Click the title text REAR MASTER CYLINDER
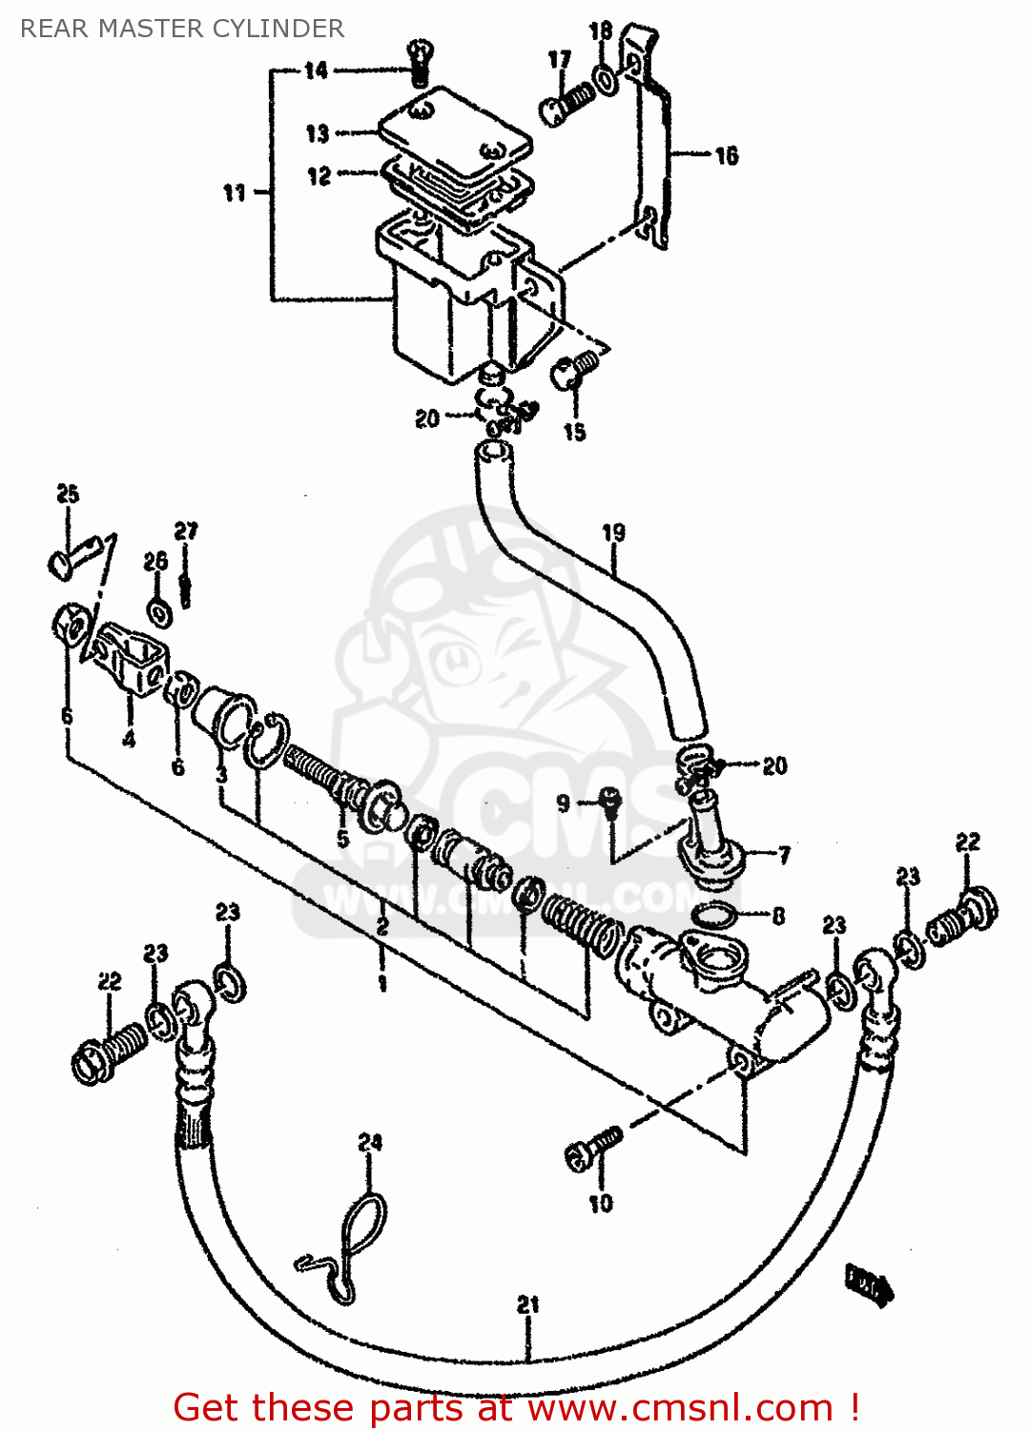(181, 29)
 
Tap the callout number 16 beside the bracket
(726, 155)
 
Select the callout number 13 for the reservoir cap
(317, 133)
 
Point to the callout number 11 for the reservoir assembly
(235, 193)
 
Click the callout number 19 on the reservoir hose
(613, 532)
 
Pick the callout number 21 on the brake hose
(527, 1305)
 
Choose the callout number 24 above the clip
(369, 1142)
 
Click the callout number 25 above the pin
(68, 494)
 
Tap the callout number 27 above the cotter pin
(186, 531)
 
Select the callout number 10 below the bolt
(600, 1204)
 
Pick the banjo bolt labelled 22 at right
(963, 917)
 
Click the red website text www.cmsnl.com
(680, 1407)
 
